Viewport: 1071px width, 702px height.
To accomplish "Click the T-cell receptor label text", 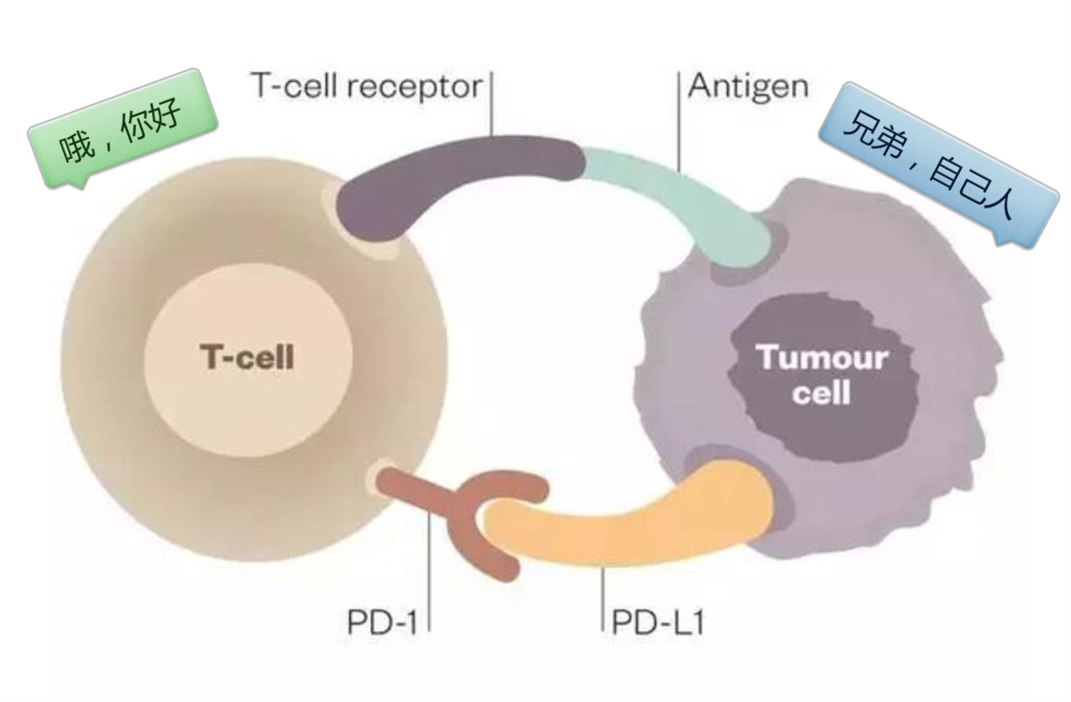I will coord(368,86).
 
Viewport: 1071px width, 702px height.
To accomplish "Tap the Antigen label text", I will coord(748,86).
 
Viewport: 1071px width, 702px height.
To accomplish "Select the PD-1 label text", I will coord(381,622).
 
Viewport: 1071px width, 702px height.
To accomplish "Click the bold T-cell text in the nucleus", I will coord(247,359).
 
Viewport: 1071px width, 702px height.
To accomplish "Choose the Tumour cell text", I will coord(822,375).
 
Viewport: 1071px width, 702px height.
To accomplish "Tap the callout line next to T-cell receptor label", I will coord(492,105).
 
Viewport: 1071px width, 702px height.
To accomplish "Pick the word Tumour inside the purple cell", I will coord(822,358).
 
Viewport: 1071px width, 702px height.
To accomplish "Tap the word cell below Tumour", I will coord(822,392).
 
